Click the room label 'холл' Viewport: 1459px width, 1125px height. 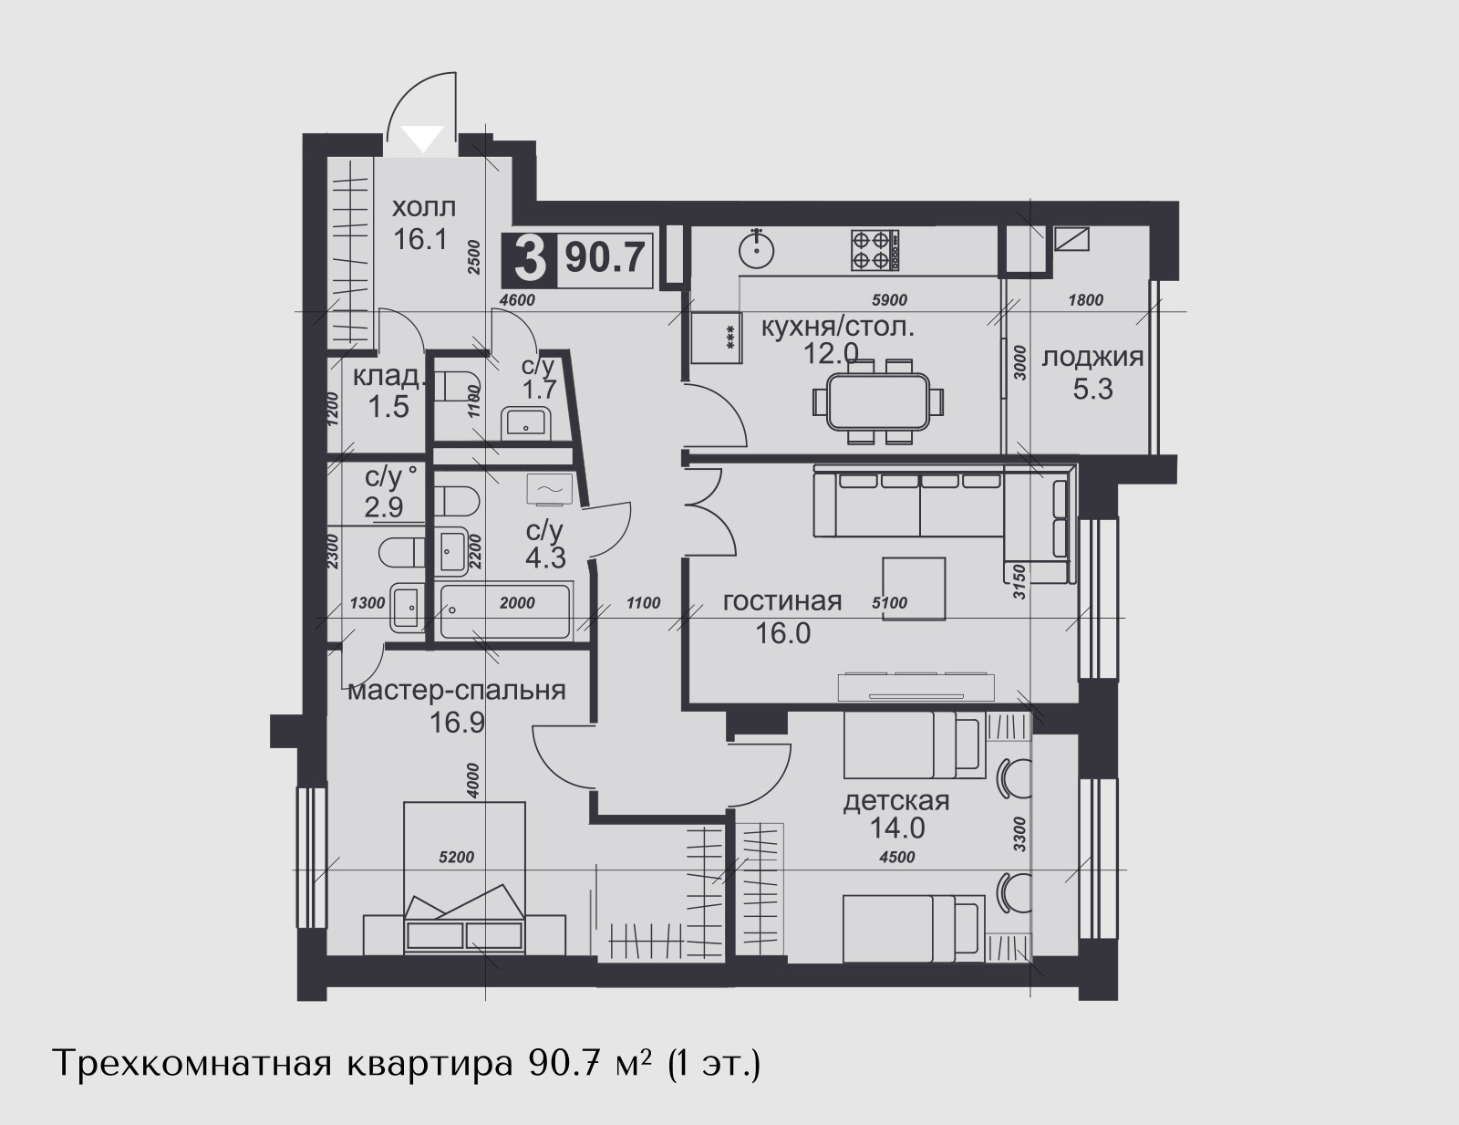(424, 207)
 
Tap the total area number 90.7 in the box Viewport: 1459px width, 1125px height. (605, 258)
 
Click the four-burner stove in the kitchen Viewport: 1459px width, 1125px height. (875, 251)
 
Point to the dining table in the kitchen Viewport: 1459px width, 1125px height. (879, 402)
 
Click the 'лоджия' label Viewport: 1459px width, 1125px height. (1092, 357)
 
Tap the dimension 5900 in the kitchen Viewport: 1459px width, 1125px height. (890, 300)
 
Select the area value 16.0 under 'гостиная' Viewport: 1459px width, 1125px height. (783, 632)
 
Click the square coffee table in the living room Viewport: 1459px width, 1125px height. (914, 589)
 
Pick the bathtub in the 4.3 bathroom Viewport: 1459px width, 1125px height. (505, 610)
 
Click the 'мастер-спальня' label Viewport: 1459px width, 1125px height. (457, 691)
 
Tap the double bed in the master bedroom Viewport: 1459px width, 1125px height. (464, 878)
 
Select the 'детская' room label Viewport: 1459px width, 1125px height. (896, 801)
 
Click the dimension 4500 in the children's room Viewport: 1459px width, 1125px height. (897, 858)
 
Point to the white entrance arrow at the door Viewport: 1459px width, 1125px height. (422, 139)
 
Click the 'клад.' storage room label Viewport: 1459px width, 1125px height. (389, 377)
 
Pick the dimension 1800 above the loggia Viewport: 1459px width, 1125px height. (1086, 300)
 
